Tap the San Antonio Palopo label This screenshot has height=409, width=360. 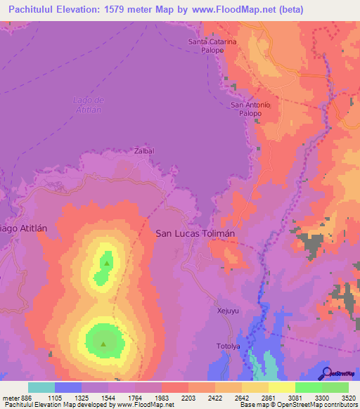(x=251, y=109)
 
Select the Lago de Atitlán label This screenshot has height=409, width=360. (x=88, y=105)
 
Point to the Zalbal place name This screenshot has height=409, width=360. (x=143, y=150)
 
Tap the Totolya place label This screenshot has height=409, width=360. (x=229, y=347)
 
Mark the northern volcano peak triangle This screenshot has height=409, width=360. (x=106, y=264)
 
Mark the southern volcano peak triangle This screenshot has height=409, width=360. (x=103, y=344)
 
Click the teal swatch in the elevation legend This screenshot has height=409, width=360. (x=41, y=387)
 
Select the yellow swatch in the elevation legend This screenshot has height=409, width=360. (x=281, y=387)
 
